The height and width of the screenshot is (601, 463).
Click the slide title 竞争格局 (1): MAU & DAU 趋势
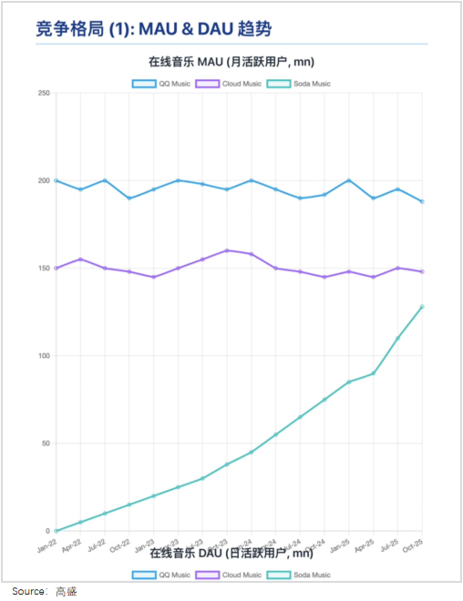click(154, 29)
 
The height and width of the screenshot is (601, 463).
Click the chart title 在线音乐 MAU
click(231, 62)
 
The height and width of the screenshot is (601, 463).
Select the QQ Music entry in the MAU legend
click(162, 84)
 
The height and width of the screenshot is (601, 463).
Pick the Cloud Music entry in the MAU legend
click(228, 84)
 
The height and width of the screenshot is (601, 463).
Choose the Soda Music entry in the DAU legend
click(299, 575)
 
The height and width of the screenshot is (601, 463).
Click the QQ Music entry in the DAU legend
click(162, 575)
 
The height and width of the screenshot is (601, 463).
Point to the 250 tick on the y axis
click(44, 93)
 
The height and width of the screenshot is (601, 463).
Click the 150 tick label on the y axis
click(44, 268)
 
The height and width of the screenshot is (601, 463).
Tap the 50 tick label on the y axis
click(46, 443)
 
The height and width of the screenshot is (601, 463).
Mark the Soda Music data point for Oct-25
click(422, 307)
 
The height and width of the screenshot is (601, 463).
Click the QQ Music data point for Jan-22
click(56, 180)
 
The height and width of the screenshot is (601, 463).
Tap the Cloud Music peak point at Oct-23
click(227, 251)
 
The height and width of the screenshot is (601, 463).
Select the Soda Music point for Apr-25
click(373, 373)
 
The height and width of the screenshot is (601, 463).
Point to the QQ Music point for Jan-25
click(349, 180)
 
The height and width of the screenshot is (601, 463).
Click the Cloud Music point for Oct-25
click(422, 272)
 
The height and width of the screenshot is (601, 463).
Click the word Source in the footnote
click(28, 591)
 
